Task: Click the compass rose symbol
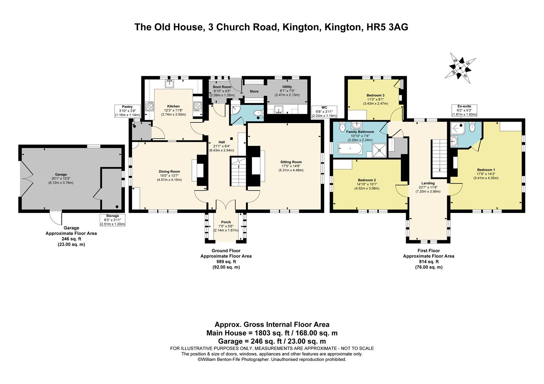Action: pyautogui.click(x=460, y=68)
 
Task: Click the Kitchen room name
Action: pyautogui.click(x=173, y=106)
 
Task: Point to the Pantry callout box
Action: pyautogui.click(x=127, y=111)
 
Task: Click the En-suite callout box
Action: pyautogui.click(x=464, y=110)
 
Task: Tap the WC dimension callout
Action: pyautogui.click(x=324, y=111)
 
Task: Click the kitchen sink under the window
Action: pyautogui.click(x=169, y=84)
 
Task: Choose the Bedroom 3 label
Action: pyautogui.click(x=375, y=95)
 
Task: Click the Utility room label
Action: pyautogui.click(x=287, y=87)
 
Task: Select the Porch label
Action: pyautogui.click(x=226, y=222)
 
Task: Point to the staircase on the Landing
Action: pyautogui.click(x=439, y=158)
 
